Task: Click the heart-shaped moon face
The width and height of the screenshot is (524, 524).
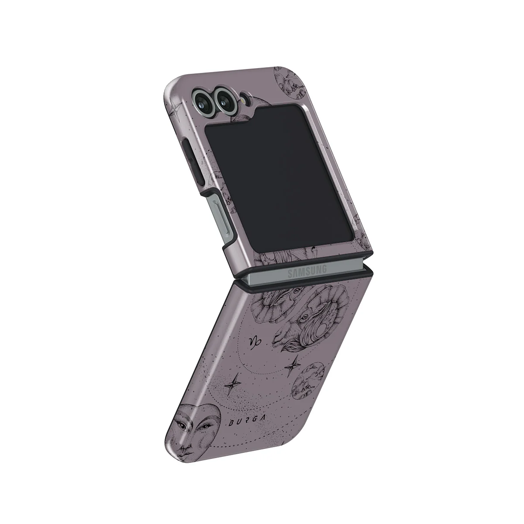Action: click(192, 430)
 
